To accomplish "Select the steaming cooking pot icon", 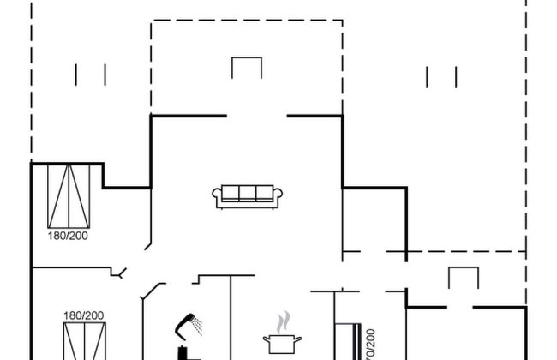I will [282, 343].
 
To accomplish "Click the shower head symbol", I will [188, 324].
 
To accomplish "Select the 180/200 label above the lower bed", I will [83, 315].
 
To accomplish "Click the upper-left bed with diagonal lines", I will [69, 194].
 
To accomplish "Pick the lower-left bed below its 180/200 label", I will [83, 341].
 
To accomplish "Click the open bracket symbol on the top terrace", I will [246, 67].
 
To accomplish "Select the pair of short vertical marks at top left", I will [90, 75].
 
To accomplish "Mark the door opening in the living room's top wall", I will [256, 116].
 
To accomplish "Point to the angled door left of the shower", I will [151, 291].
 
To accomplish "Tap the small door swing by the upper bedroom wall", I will [119, 273].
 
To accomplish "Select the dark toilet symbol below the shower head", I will [183, 352].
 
